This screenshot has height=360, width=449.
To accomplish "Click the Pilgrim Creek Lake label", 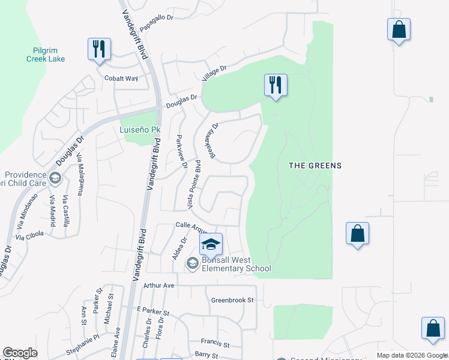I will [46, 55].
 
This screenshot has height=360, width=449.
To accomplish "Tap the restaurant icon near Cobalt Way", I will [99, 49].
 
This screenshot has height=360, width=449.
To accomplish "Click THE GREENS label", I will [315, 166].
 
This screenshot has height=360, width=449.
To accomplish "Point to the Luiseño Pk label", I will [140, 130].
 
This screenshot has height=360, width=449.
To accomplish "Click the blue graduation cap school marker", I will [211, 244].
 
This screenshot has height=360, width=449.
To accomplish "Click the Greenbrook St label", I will [233, 299].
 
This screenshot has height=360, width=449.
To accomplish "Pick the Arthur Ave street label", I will [158, 286].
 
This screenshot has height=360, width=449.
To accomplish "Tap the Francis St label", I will [215, 344].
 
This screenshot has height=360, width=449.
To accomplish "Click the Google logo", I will [20, 353].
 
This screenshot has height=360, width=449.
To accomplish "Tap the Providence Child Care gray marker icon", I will [55, 178].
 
